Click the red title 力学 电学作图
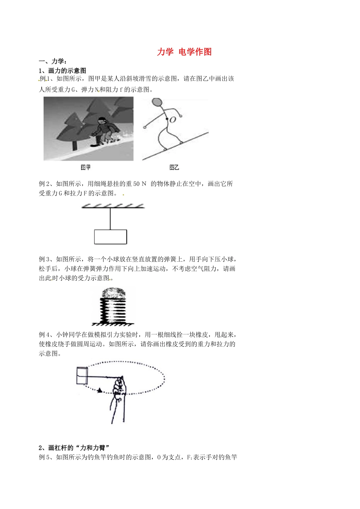184,52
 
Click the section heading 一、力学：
53,61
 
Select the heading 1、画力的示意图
63,70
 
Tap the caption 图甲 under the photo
86,167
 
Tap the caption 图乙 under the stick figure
174,167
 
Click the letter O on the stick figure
173,120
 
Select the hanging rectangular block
110,237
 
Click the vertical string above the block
110,219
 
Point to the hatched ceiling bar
113,206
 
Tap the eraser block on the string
82,376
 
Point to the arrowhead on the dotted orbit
100,390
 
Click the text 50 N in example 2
140,184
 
